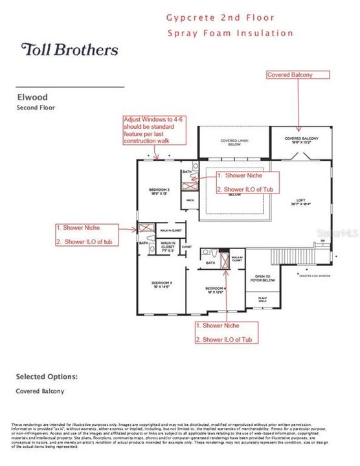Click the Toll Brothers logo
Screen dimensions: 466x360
coord(70,50)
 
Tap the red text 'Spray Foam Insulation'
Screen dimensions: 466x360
coord(230,33)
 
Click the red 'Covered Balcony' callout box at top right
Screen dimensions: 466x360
coord(290,75)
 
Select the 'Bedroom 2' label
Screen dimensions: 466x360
coord(160,191)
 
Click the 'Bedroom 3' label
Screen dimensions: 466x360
coord(161,285)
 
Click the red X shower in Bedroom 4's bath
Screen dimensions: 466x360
coord(225,261)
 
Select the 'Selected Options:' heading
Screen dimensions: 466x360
coord(47,377)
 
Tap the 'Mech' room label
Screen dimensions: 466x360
coord(190,201)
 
